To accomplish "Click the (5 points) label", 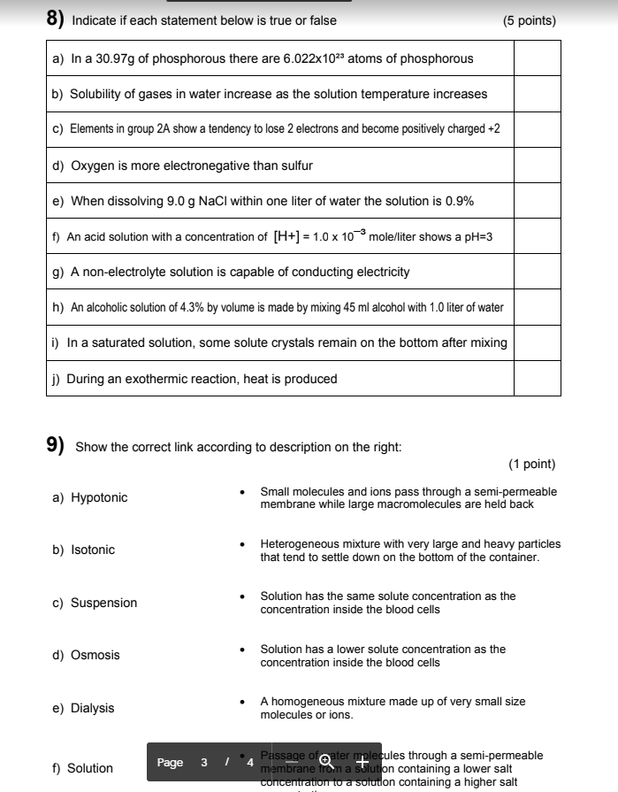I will pos(529,20).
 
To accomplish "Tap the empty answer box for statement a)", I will pos(537,58).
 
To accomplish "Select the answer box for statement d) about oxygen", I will pos(537,165).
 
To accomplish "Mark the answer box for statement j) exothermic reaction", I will pos(537,379).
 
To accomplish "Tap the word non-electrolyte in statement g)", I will pos(124,272).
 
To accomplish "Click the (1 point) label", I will pos(531,464).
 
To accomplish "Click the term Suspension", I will pos(103,603).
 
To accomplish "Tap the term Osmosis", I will pos(95,655).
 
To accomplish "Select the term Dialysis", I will pos(93,708).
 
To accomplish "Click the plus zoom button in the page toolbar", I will pos(362,762).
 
